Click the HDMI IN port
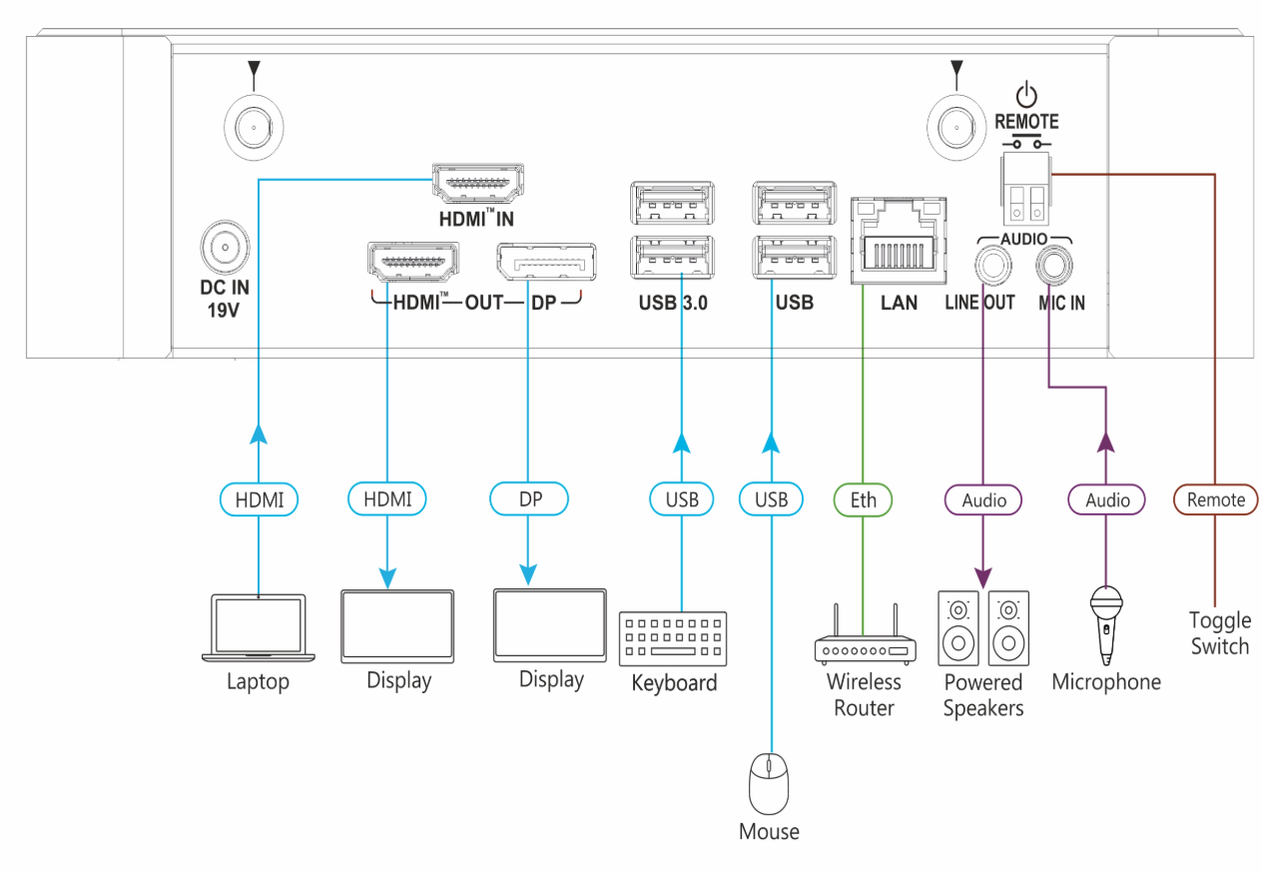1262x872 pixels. coord(477,184)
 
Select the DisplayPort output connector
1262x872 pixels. coord(540,263)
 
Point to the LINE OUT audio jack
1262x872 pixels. coord(991,265)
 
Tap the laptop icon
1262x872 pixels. coord(258,629)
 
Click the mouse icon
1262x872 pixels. coord(769,782)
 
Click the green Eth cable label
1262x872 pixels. coord(863,498)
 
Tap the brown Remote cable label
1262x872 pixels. coord(1215,499)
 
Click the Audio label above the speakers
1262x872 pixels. coord(982,499)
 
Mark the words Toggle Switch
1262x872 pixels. coord(1219,633)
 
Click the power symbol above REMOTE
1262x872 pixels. coord(1025,96)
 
